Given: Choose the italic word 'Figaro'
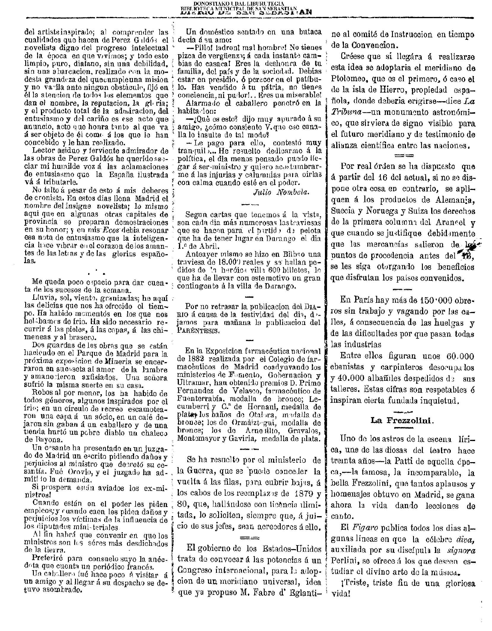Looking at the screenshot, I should (364, 528).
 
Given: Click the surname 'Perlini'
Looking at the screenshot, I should (344, 561).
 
